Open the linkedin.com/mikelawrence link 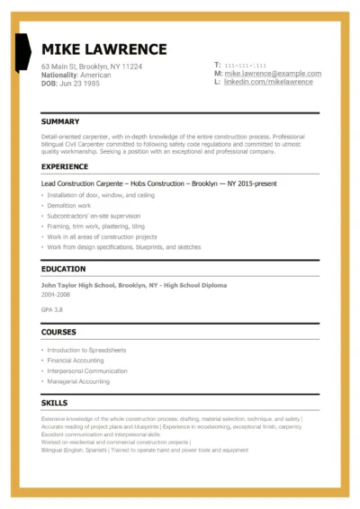pos(268,82)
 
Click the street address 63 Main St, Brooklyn pos(98,67)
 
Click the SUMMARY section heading pos(60,121)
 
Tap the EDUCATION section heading pos(63,269)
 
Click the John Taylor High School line pos(134,284)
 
